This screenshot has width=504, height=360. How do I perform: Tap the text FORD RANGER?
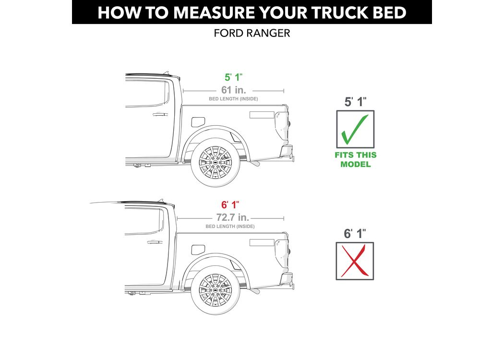[252, 33]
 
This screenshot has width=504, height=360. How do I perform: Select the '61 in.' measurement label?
[234, 90]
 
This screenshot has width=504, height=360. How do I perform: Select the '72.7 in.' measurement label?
[233, 217]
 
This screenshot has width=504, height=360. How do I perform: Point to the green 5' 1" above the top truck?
[233, 77]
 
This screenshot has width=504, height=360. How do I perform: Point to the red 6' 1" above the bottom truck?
[230, 205]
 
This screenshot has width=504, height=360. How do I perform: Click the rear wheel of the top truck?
[216, 162]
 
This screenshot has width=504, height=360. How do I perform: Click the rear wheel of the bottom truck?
[216, 290]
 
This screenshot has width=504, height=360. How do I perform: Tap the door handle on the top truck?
[160, 114]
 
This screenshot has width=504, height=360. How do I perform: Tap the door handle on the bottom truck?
[155, 242]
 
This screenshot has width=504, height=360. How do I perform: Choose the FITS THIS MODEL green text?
[356, 159]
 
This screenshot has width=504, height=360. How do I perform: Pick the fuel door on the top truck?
[198, 122]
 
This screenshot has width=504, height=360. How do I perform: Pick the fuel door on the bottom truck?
[198, 250]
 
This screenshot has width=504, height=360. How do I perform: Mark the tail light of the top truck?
[282, 125]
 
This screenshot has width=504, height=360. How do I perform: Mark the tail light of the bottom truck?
[282, 253]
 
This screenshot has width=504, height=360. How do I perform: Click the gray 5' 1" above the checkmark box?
[356, 102]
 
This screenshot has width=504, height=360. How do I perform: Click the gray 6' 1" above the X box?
[355, 234]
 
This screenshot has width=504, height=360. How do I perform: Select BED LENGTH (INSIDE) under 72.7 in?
[230, 227]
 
